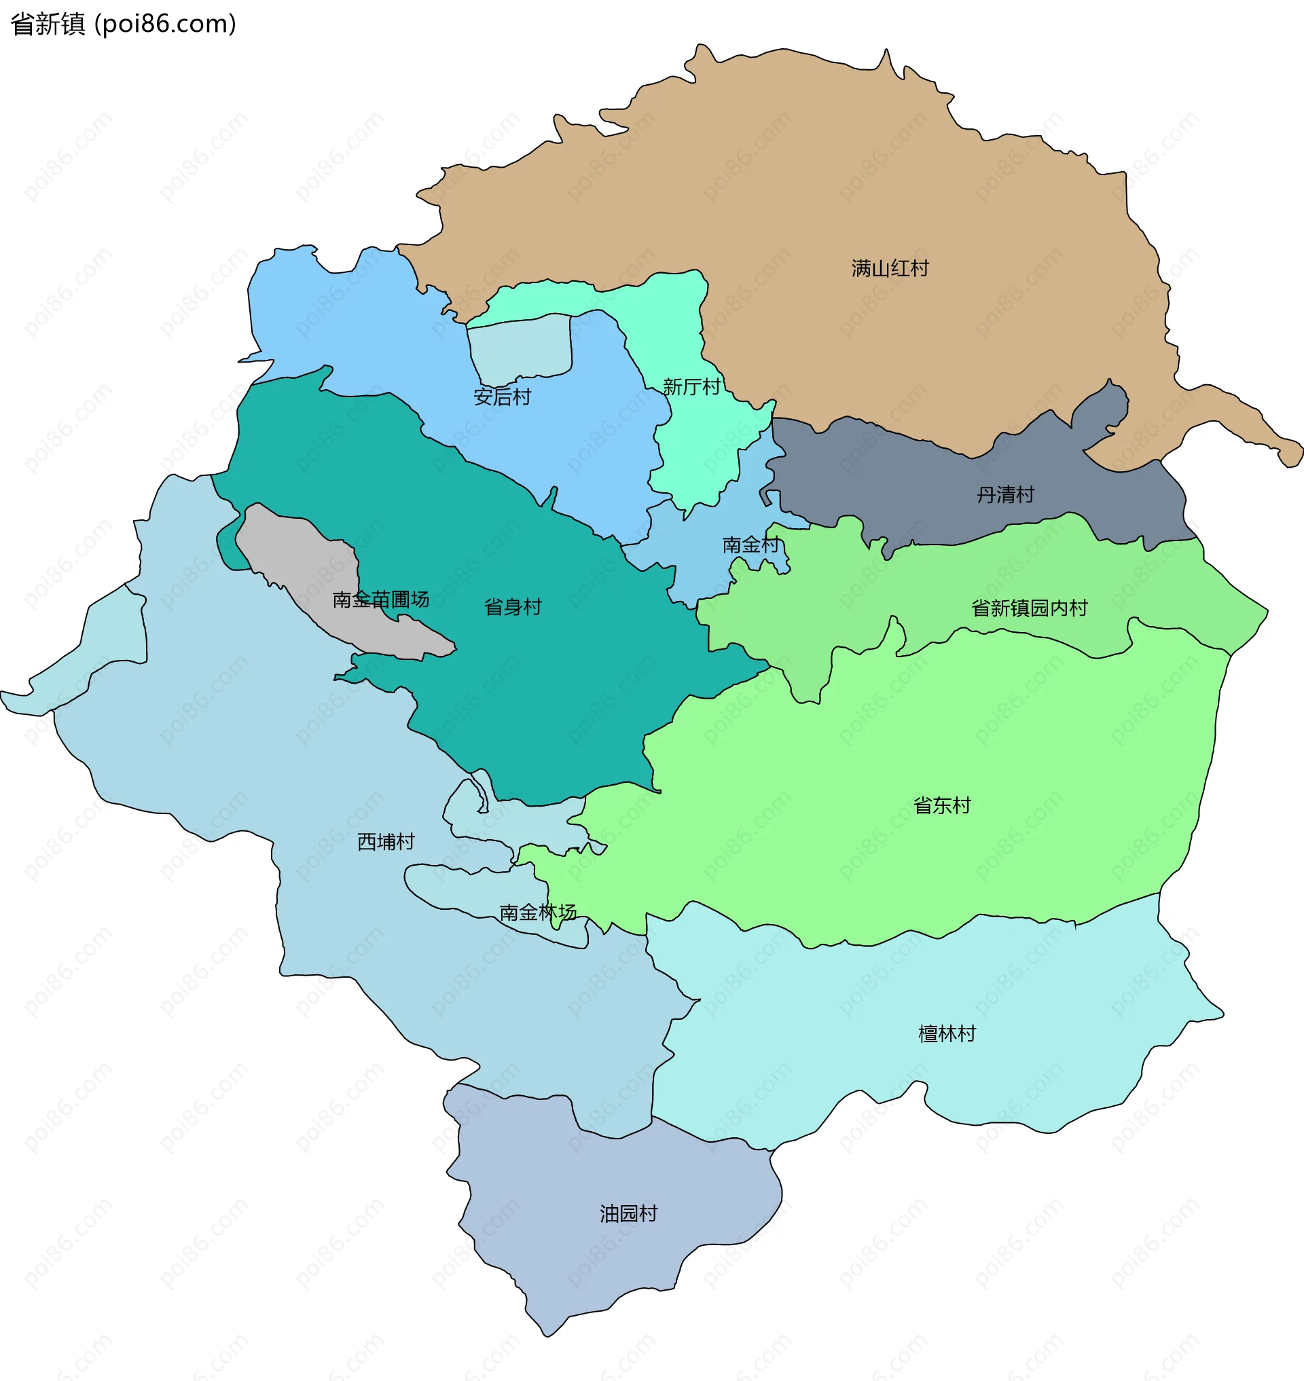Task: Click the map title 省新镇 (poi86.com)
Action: click(124, 24)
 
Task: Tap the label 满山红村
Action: click(890, 268)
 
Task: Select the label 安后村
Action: click(502, 397)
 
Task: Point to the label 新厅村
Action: click(691, 386)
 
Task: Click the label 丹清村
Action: click(1005, 495)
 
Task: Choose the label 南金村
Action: click(750, 545)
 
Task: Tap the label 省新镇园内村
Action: click(1029, 608)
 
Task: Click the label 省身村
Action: click(512, 607)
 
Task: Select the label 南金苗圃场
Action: click(380, 599)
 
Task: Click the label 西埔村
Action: click(386, 842)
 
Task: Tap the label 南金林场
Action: click(537, 912)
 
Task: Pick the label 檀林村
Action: click(947, 1033)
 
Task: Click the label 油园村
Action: click(628, 1213)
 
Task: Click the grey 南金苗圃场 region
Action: click(306, 556)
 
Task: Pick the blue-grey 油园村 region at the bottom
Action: click(612, 1265)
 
